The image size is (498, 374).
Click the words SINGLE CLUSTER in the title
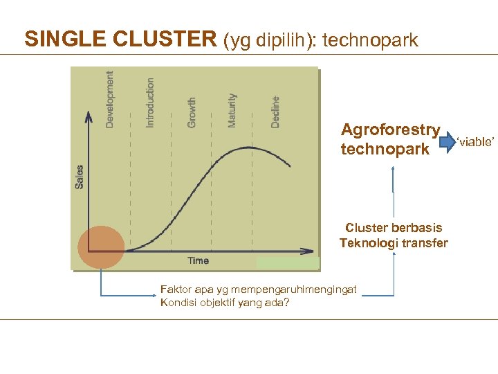pos(120,39)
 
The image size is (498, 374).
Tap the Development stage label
pos(110,100)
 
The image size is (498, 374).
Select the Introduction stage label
pos(150,102)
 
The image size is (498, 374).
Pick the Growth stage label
pos(192,112)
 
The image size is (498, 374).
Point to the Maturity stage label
pos(232,110)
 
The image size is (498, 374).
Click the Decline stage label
pos(275,112)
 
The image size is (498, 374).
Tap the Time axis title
pos(199,260)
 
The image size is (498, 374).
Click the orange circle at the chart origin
pos(101,247)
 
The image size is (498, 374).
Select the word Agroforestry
pos(390,130)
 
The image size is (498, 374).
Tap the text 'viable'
pos(475,142)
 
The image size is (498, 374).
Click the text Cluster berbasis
pos(394,228)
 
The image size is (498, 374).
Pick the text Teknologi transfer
pos(394,243)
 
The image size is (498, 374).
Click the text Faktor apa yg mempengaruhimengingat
pos(258,290)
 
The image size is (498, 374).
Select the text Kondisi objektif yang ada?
pos(224,303)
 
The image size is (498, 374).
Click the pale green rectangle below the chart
pos(287,262)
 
